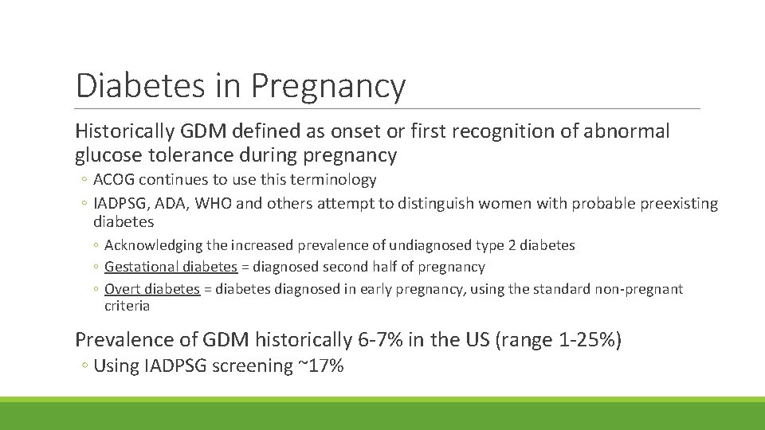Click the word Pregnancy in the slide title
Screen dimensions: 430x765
click(328, 86)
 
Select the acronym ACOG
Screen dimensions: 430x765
click(116, 180)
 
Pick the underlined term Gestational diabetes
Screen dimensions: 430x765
click(171, 267)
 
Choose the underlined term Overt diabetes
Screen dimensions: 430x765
click(152, 289)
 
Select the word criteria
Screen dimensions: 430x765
click(127, 306)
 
